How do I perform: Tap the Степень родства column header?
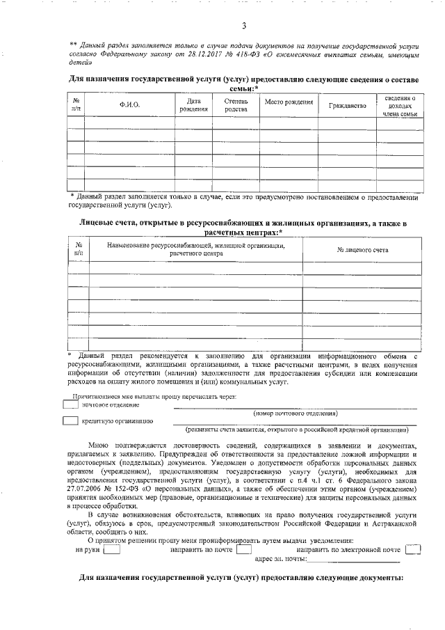tap(236, 105)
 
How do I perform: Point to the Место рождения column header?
tap(289, 102)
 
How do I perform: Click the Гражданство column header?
tap(347, 106)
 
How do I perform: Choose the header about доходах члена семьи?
tap(400, 106)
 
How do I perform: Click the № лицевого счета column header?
tap(362, 250)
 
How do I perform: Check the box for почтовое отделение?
tap(70, 404)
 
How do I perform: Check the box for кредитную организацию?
tap(70, 420)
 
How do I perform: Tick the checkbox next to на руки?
tap(111, 549)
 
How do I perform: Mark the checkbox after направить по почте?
tap(243, 549)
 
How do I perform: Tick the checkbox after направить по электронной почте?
tap(413, 549)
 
